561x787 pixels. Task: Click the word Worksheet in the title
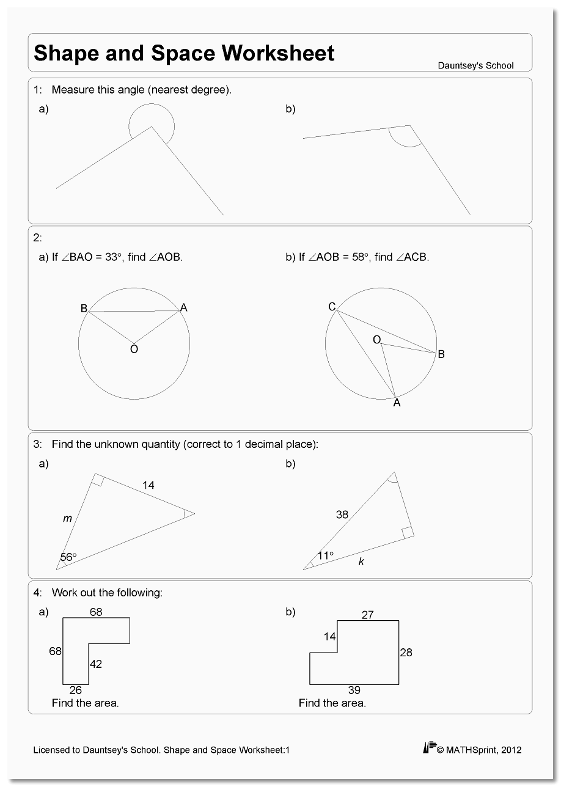coord(278,53)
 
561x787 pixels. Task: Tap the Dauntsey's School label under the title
coord(475,65)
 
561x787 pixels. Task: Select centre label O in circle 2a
coord(134,350)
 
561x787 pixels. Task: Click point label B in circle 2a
coord(84,309)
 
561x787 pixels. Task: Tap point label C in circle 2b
coord(332,307)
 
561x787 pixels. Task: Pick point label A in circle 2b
coord(397,403)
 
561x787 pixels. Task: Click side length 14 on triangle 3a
coord(148,485)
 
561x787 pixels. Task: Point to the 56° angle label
coord(68,557)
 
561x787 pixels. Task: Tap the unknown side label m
coord(67,519)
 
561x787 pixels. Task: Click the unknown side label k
coord(361,561)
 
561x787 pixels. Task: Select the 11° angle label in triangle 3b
coord(325,555)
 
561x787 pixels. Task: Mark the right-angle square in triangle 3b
coord(407,533)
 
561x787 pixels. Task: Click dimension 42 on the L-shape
coord(96,664)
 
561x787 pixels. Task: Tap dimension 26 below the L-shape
coord(76,690)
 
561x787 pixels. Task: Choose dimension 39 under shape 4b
coord(354,690)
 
